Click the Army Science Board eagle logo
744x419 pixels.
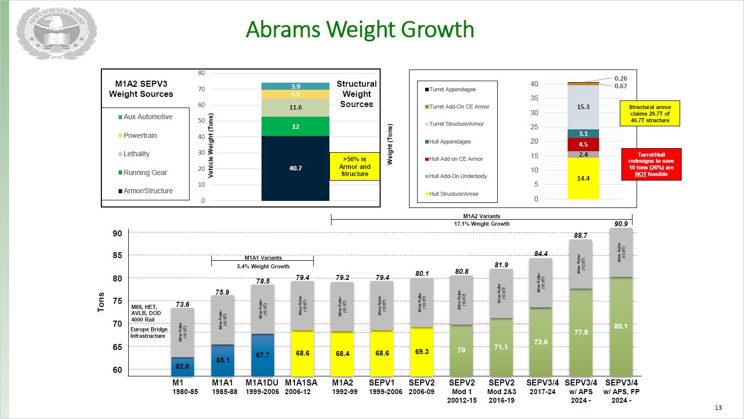(x=56, y=33)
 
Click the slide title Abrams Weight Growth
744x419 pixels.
(x=360, y=29)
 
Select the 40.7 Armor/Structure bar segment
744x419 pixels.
(x=295, y=168)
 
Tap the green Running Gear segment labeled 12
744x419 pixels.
(x=295, y=126)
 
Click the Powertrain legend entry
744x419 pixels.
(x=140, y=135)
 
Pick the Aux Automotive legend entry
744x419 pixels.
(x=147, y=117)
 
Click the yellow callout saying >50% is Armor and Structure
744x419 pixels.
(x=355, y=166)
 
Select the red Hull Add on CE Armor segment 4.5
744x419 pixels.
(x=583, y=145)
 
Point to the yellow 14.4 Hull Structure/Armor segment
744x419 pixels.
(x=583, y=179)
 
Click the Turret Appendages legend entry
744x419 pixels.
(x=452, y=89)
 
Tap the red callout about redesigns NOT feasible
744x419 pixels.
(x=651, y=164)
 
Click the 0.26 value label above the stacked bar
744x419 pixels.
(x=620, y=79)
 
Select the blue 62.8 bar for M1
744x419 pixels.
(x=182, y=366)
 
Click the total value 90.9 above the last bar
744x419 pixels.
(x=621, y=224)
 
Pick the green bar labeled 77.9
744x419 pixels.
(x=581, y=332)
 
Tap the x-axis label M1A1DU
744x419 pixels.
(x=262, y=383)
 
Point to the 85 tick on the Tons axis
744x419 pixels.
(x=117, y=255)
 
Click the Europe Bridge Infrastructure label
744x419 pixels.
(x=148, y=333)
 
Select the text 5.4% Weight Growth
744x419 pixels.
(x=263, y=266)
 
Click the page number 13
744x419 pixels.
(x=718, y=408)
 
